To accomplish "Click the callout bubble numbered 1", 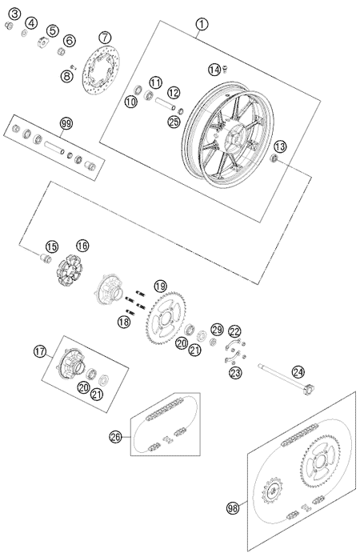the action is point(202,25).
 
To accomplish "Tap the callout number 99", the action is point(66,124).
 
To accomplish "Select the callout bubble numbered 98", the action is point(233,508).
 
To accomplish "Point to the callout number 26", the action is point(116,437).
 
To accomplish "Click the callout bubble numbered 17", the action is point(40,351).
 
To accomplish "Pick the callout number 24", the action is point(298,372).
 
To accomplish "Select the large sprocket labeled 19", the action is point(164,317).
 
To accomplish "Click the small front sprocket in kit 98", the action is point(272,491).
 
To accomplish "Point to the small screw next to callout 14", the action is point(225,70).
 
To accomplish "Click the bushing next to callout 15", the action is point(46,258).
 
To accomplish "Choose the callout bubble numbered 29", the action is point(217,330).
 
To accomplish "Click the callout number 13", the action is point(280,146).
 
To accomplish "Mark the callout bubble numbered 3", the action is point(15,14).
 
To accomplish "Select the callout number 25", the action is point(174,122).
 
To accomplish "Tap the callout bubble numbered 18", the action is point(123,323).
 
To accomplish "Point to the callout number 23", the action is point(235,373).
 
